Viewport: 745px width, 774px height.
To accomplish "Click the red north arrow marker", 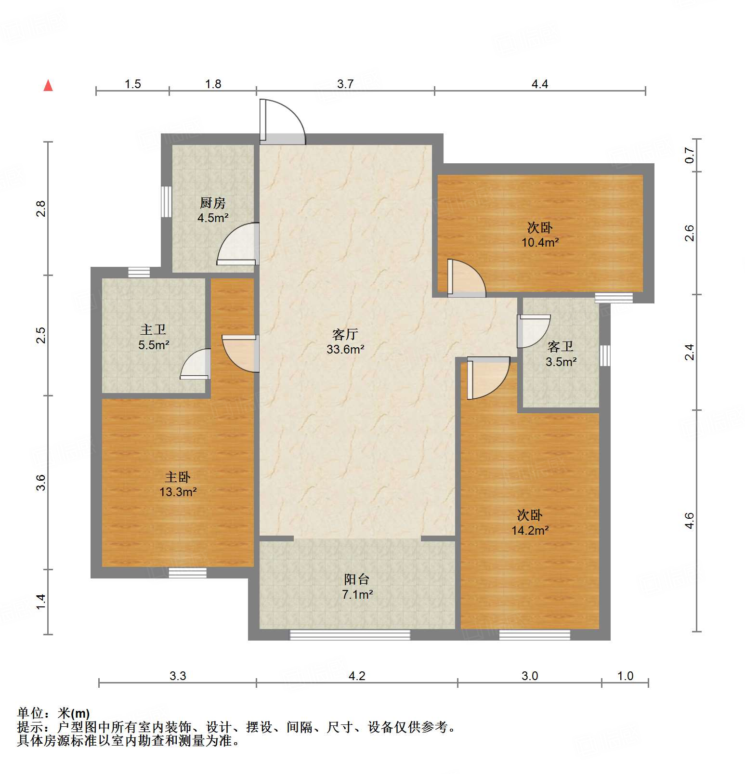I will [x=48, y=85].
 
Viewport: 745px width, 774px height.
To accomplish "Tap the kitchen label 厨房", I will [x=212, y=203].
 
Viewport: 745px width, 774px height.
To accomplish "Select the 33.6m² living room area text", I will [x=345, y=349].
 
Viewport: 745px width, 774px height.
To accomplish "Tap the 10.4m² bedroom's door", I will [x=465, y=278].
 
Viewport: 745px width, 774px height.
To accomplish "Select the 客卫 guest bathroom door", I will [x=533, y=331].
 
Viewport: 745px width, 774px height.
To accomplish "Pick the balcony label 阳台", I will [x=357, y=579].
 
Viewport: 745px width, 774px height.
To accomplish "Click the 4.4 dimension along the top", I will [x=540, y=84].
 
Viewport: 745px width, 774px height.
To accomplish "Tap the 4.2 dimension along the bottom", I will [x=357, y=676].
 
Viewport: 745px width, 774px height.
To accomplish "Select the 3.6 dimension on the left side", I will [x=41, y=482].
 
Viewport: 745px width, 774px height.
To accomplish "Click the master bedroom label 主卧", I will [x=178, y=477].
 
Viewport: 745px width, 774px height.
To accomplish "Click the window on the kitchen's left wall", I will [x=166, y=202].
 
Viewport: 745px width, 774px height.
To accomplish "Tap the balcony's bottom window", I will [x=350, y=635].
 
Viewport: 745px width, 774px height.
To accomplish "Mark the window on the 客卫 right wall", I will [x=605, y=355].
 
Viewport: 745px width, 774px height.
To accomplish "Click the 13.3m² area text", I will [x=178, y=492].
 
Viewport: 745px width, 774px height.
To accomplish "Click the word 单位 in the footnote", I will [x=30, y=713].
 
